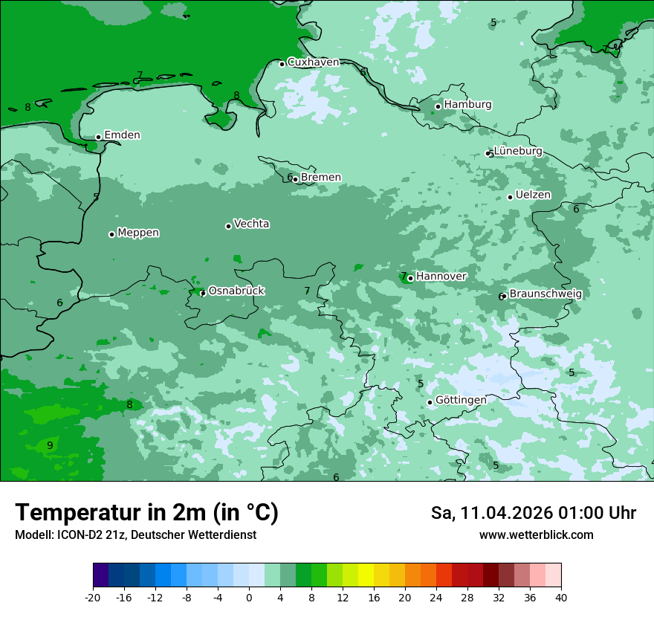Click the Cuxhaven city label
click(313, 62)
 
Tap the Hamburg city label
click(467, 105)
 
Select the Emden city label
click(122, 135)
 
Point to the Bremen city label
click(320, 178)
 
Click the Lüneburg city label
click(518, 152)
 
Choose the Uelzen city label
click(533, 196)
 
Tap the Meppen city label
click(138, 233)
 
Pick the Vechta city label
click(251, 224)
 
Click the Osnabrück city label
click(236, 291)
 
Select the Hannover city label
click(441, 277)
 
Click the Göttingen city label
click(461, 400)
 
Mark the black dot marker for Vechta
click(228, 226)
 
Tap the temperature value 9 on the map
click(50, 445)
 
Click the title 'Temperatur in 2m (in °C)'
click(146, 512)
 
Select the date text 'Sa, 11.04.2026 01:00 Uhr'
click(533, 513)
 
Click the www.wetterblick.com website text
click(536, 535)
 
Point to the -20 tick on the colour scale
click(93, 597)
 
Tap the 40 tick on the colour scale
click(561, 597)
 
